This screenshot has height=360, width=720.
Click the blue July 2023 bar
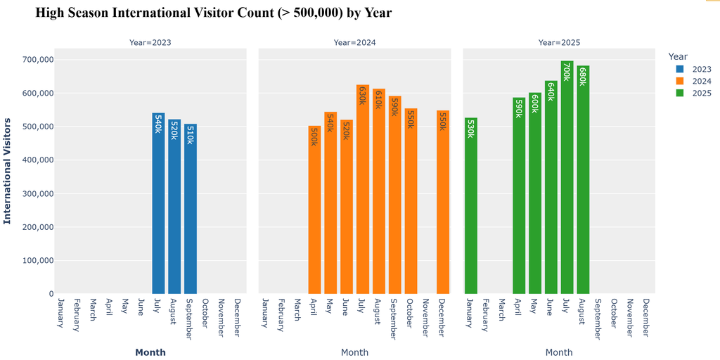[158, 203]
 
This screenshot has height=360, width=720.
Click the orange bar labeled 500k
[314, 210]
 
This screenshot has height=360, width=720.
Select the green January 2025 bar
[471, 206]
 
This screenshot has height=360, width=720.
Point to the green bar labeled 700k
[567, 177]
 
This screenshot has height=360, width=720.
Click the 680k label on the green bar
[583, 77]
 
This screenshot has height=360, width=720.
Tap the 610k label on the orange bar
[379, 100]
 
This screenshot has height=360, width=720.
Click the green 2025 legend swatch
[681, 94]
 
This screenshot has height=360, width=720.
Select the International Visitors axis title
[7, 171]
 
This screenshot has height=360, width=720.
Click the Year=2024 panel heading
[354, 43]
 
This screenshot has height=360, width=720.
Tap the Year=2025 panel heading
[559, 43]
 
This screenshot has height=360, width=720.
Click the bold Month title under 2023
[150, 353]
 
